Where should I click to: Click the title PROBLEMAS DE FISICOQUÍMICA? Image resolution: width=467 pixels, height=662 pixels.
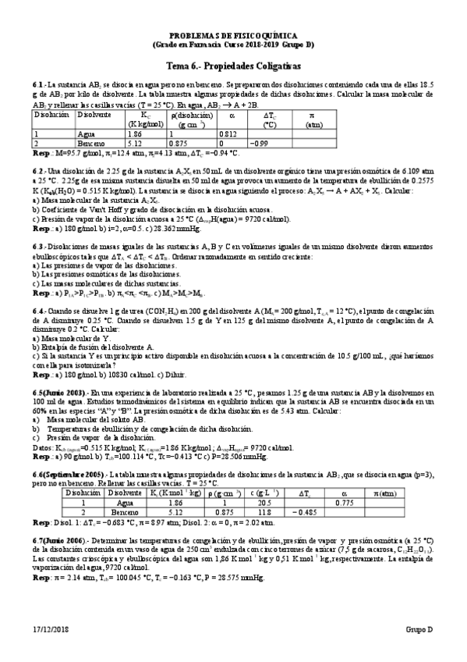234,36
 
